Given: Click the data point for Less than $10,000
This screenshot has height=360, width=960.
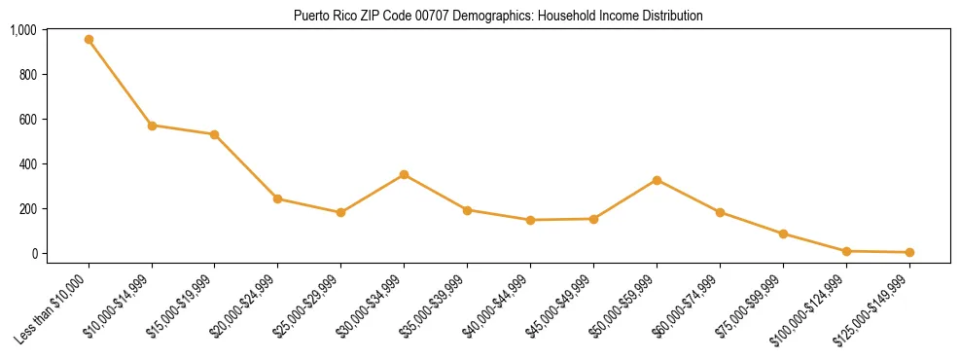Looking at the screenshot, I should click(x=89, y=40).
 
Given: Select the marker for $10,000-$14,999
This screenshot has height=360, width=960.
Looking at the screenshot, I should click(x=152, y=126).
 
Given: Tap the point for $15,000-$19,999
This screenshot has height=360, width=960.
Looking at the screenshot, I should click(x=214, y=134).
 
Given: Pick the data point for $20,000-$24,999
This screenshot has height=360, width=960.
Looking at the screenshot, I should click(x=277, y=198).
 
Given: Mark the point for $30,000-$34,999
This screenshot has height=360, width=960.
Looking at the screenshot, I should click(x=404, y=174).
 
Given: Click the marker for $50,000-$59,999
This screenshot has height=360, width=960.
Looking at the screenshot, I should click(x=657, y=180).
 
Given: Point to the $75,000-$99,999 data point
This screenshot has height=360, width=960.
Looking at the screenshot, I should click(x=783, y=234).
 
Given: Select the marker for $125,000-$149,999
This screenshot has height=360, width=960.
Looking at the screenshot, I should click(x=909, y=252).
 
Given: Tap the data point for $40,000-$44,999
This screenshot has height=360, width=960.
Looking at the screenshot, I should click(x=530, y=220).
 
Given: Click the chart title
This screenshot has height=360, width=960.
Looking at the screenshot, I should click(x=497, y=16).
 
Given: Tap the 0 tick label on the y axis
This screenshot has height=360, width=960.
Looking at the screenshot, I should click(x=33, y=253).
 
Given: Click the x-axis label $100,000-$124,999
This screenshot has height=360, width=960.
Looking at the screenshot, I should click(x=806, y=309).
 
